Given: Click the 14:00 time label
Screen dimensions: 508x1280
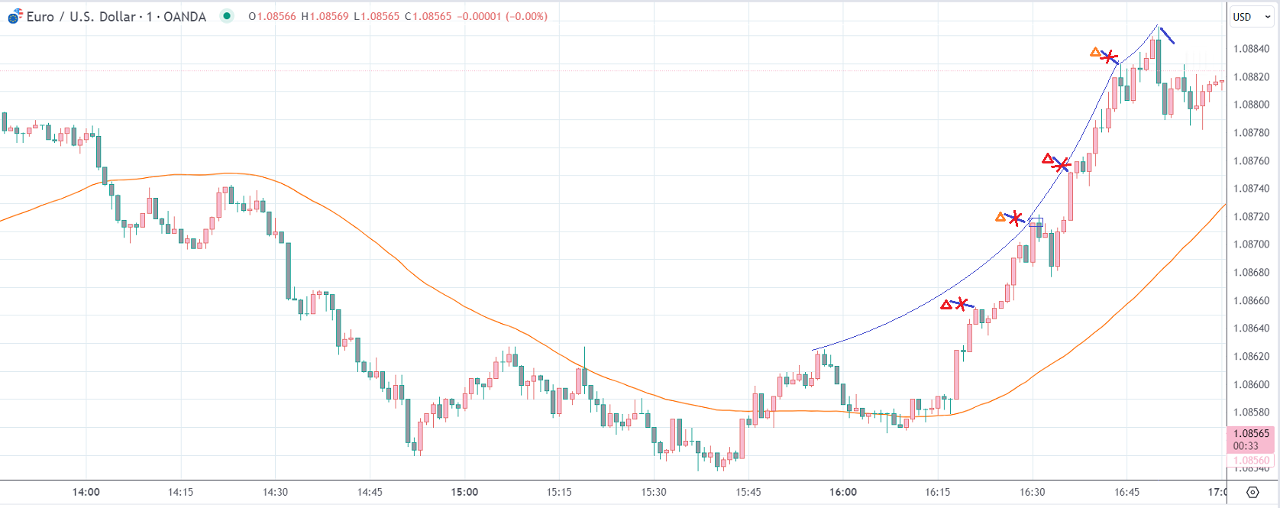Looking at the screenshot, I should point(86,492).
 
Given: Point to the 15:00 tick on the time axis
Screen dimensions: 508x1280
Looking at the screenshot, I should point(464,492).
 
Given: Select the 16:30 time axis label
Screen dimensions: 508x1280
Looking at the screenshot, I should point(1033,492).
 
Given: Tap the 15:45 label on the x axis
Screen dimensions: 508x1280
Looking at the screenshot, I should point(748,492).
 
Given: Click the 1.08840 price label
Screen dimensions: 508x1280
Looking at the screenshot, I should point(1251,49).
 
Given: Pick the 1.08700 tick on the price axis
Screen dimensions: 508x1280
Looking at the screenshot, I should point(1251,244).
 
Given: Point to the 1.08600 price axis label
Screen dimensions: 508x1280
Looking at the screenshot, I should point(1251,384).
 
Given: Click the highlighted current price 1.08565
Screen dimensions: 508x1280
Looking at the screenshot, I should point(1251,433).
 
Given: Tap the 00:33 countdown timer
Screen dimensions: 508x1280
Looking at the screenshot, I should point(1246,445).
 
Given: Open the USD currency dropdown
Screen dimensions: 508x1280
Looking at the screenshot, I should point(1250,17).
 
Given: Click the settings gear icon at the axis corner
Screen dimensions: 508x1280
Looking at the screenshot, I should point(1253,492).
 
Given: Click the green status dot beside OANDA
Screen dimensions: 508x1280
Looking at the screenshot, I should point(227,16).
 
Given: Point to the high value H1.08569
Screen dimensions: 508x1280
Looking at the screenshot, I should point(325,16).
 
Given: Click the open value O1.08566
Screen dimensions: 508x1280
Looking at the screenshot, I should point(272,16).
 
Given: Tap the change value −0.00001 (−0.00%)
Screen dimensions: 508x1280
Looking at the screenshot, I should point(502,16).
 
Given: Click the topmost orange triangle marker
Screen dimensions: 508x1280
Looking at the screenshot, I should point(1095,53).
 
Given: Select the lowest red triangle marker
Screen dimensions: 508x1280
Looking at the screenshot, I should point(946,305).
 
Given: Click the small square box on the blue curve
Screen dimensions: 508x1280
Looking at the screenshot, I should point(1036,222).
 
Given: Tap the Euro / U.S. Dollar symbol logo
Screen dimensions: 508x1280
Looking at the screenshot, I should point(15,16).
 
